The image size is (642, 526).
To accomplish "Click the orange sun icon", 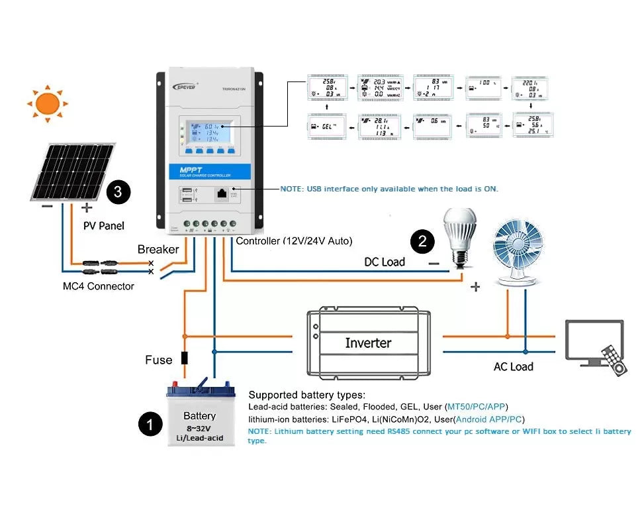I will click(48, 103).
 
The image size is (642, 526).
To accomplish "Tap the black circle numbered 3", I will click(118, 191).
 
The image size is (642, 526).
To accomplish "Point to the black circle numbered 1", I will click(150, 424).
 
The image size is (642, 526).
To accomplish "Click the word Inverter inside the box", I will click(368, 343).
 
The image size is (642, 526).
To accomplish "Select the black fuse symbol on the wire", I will click(185, 358).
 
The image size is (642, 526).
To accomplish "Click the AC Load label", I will click(513, 366).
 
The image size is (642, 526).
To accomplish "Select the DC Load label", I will click(384, 262).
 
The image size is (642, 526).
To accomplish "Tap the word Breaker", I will click(158, 249).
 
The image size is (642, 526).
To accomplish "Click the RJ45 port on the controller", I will click(222, 195).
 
